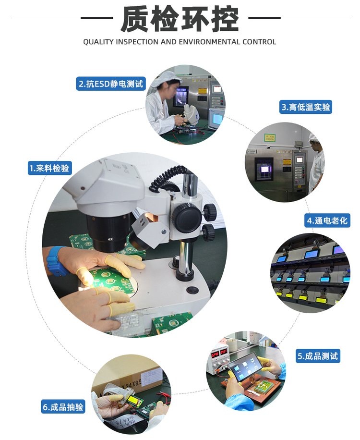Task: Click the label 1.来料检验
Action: coord(49,168)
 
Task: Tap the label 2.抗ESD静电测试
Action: coord(110,84)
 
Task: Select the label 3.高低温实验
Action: coord(306,107)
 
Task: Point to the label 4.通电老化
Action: coord(326,220)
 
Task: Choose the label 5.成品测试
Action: coord(318,356)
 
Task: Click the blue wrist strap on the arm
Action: coord(56,261)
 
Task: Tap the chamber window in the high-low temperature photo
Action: coord(264,169)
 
